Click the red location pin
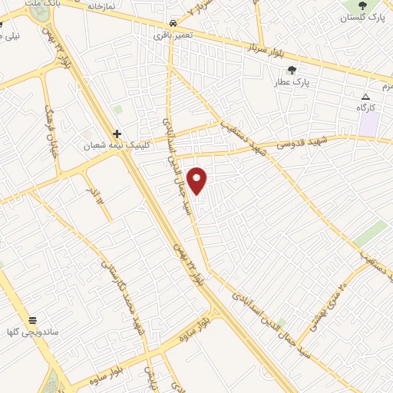click(x=198, y=180)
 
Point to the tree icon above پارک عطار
click(x=292, y=70)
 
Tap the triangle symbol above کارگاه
click(x=366, y=97)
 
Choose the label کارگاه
click(x=365, y=108)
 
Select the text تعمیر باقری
click(x=173, y=35)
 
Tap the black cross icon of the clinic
click(x=117, y=133)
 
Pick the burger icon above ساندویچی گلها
click(x=33, y=319)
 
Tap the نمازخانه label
click(x=100, y=5)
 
